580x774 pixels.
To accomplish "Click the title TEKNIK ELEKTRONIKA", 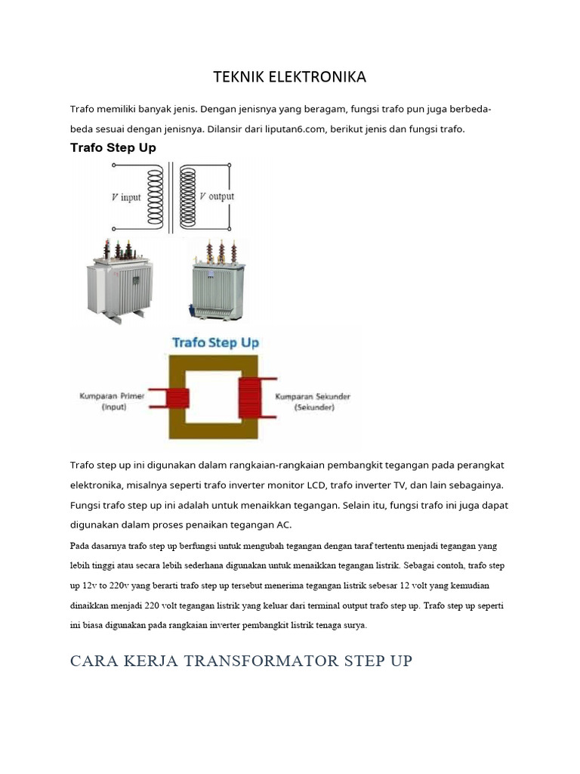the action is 289,77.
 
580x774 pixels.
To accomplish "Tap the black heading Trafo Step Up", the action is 113,147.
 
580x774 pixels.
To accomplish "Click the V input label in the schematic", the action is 126,197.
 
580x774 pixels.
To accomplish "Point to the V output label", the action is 217,197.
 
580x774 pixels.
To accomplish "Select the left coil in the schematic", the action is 155,197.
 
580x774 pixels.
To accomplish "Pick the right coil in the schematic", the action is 188,197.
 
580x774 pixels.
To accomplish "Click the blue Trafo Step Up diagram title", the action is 215,342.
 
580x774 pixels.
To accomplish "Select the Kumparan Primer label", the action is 112,396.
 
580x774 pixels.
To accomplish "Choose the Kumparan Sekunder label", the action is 313,396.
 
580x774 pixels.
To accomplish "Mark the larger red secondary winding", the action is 249,398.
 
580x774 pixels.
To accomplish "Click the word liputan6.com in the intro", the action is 295,129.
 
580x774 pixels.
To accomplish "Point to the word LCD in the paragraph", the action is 316,485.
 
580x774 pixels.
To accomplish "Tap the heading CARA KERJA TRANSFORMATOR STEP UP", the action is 241,661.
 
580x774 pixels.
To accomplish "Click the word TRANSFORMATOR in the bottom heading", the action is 261,661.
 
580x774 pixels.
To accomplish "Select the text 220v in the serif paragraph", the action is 119,586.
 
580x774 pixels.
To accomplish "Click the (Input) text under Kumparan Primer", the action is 114,407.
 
